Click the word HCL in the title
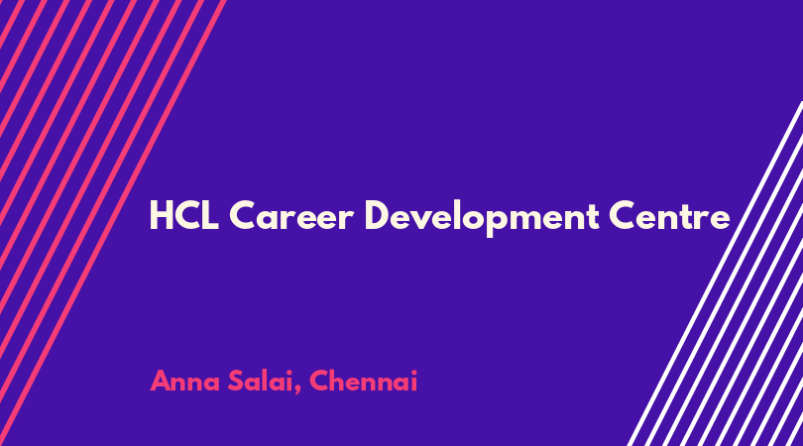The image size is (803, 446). [183, 216]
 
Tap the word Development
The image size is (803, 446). [482, 218]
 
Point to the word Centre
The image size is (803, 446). [669, 216]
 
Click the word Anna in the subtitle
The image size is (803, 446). [184, 382]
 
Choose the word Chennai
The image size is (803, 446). [363, 381]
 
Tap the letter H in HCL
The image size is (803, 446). [161, 216]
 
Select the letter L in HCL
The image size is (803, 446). [210, 216]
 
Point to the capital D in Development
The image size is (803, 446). [378, 216]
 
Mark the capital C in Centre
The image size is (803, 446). [623, 216]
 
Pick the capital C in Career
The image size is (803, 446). [242, 216]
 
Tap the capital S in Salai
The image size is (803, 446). [236, 381]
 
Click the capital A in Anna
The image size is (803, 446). [161, 382]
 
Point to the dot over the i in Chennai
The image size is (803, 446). [413, 373]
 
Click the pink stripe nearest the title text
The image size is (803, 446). [113, 223]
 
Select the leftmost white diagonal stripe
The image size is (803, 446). [716, 274]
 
